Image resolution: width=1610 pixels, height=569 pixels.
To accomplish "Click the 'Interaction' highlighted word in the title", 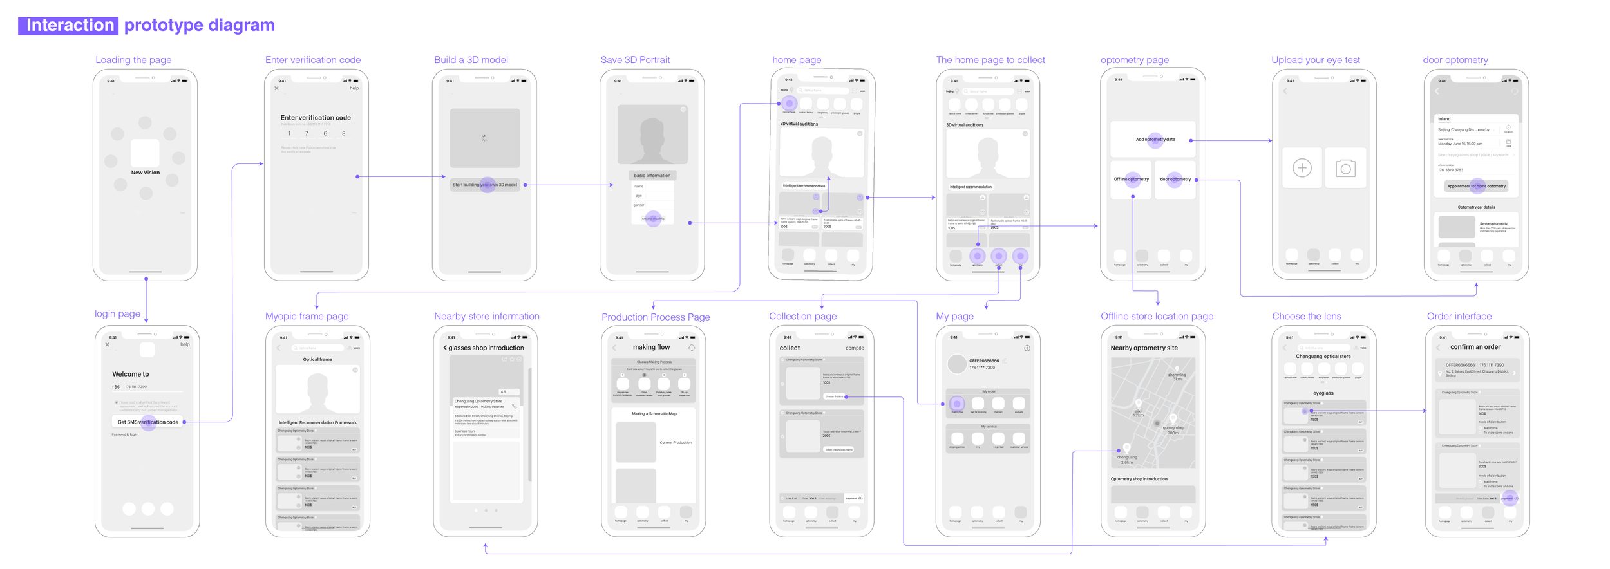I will [x=69, y=26].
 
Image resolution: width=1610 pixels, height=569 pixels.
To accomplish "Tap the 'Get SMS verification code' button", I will [x=147, y=422].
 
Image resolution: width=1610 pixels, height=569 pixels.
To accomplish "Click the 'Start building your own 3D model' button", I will [x=484, y=185].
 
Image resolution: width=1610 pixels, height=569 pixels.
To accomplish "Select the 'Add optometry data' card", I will [x=1155, y=140].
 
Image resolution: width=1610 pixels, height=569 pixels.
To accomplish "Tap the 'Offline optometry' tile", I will [x=1131, y=179].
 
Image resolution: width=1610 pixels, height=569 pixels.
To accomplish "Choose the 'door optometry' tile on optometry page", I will [x=1175, y=179].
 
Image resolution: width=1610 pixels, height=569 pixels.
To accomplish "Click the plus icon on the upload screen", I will [x=1302, y=168].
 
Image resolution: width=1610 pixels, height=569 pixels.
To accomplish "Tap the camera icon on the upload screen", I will [x=1345, y=169].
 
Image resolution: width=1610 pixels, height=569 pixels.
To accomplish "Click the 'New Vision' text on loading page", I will [x=146, y=173].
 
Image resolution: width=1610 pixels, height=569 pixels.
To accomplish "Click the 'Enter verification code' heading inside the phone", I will [x=316, y=118].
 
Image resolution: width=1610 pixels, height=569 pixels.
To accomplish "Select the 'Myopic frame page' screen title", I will [x=307, y=316].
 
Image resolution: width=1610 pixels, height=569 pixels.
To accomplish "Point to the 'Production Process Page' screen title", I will [x=656, y=317].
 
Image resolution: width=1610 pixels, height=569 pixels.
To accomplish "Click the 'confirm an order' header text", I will [x=1475, y=347].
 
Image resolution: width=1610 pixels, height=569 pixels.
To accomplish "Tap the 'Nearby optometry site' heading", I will [x=1144, y=348].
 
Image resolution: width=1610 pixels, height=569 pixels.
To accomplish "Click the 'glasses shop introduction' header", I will [x=486, y=348].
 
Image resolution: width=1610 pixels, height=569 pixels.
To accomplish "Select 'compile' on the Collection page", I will [x=855, y=348].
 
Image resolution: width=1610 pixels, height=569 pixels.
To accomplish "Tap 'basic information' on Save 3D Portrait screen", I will [x=652, y=175].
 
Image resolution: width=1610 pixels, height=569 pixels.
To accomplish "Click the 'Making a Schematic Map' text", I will [x=654, y=413].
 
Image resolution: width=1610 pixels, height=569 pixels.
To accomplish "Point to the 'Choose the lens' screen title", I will [x=1306, y=316].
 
